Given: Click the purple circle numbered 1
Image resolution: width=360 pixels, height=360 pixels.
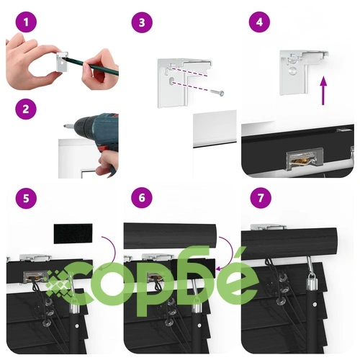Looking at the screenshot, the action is (26, 22).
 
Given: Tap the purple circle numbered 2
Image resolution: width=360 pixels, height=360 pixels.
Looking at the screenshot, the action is (26, 109).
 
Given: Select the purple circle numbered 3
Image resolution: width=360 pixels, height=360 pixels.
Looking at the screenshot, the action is (142, 22).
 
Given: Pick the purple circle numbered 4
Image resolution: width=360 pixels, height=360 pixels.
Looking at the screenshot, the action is (259, 22).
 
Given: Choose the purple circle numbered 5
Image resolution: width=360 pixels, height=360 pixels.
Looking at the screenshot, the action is (26, 198).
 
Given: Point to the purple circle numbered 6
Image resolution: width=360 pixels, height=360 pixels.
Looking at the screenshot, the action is (142, 198).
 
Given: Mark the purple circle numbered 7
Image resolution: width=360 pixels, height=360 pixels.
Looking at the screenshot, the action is (261, 198).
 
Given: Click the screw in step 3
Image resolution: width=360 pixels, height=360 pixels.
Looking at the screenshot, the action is (217, 92).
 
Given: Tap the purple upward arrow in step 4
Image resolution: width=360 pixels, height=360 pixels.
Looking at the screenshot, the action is (323, 91).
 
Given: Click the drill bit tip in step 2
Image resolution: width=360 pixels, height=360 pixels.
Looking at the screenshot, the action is (65, 125).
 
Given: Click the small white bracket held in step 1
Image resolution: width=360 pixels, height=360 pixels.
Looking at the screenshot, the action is (62, 62).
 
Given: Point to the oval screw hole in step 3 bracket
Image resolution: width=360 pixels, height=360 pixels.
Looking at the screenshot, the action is (172, 81).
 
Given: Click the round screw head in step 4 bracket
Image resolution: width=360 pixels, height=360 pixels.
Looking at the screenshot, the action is (293, 71).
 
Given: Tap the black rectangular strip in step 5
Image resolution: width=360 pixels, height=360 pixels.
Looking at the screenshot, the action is (73, 234).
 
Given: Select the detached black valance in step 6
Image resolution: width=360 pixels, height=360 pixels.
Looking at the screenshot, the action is (170, 235).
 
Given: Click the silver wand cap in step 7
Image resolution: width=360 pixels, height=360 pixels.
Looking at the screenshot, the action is (312, 279).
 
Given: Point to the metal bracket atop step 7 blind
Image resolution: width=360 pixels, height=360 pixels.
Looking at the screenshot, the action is (269, 227).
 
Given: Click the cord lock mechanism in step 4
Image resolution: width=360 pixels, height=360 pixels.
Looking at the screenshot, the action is (305, 159).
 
